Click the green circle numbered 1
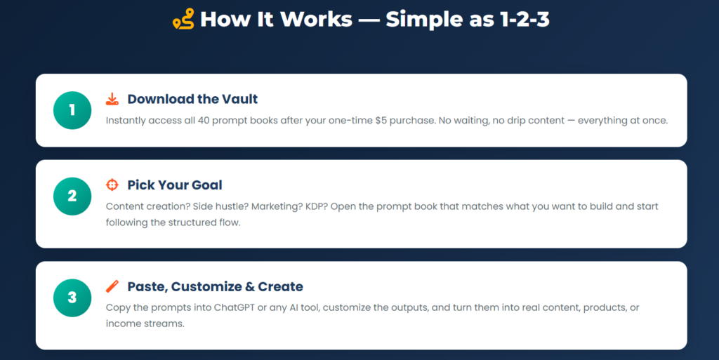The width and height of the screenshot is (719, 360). coord(72,110)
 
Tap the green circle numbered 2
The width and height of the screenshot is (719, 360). coord(72,196)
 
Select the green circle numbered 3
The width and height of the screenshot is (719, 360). coord(72,298)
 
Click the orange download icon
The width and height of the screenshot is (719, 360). coord(112,99)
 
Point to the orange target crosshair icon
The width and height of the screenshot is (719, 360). coord(112,185)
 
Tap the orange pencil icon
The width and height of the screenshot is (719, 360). coord(112,286)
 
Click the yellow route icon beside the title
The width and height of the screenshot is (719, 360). coord(183,19)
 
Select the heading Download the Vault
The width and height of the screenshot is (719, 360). coord(192,99)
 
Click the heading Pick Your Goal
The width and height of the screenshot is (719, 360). coord(175,185)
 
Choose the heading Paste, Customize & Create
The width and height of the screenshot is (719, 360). coord(215,286)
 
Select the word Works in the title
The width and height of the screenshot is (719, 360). coord(317,19)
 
